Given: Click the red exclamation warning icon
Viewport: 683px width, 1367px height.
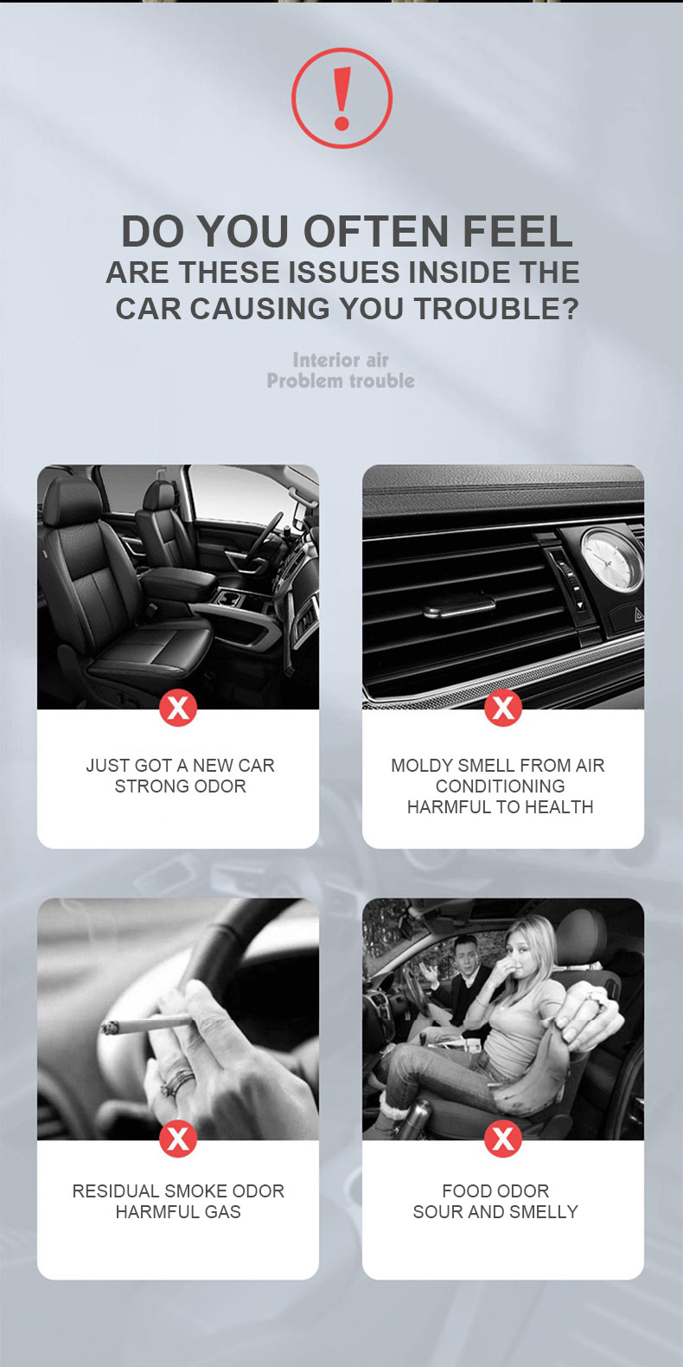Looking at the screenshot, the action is click(x=341, y=98).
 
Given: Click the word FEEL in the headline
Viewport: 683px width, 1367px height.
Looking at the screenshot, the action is click(x=518, y=231).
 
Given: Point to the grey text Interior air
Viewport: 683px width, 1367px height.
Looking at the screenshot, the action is click(x=341, y=360).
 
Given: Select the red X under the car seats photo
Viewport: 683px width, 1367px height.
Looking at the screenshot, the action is click(x=178, y=709).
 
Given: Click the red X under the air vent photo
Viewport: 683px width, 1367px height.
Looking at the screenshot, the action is click(x=503, y=709).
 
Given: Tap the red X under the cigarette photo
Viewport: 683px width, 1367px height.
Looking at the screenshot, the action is click(x=178, y=1139).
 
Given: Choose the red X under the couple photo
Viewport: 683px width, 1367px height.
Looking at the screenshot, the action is click(x=503, y=1139).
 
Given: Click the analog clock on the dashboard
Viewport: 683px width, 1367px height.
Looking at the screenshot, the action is click(x=611, y=559).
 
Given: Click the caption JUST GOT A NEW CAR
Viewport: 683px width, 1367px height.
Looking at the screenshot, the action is click(x=181, y=766).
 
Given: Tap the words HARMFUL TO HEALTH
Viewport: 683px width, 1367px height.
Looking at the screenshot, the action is click(x=500, y=806).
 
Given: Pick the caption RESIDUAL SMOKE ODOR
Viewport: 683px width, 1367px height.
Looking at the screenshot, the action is click(x=178, y=1191).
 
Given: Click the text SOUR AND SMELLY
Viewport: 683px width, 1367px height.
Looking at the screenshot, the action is click(x=495, y=1211).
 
